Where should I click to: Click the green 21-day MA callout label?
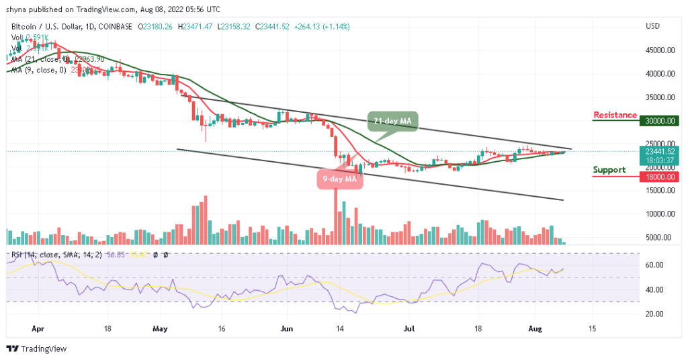point(392,122)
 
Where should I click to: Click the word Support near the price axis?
point(609,170)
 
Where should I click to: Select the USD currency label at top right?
point(652,26)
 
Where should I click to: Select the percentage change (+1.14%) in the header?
point(336,26)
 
